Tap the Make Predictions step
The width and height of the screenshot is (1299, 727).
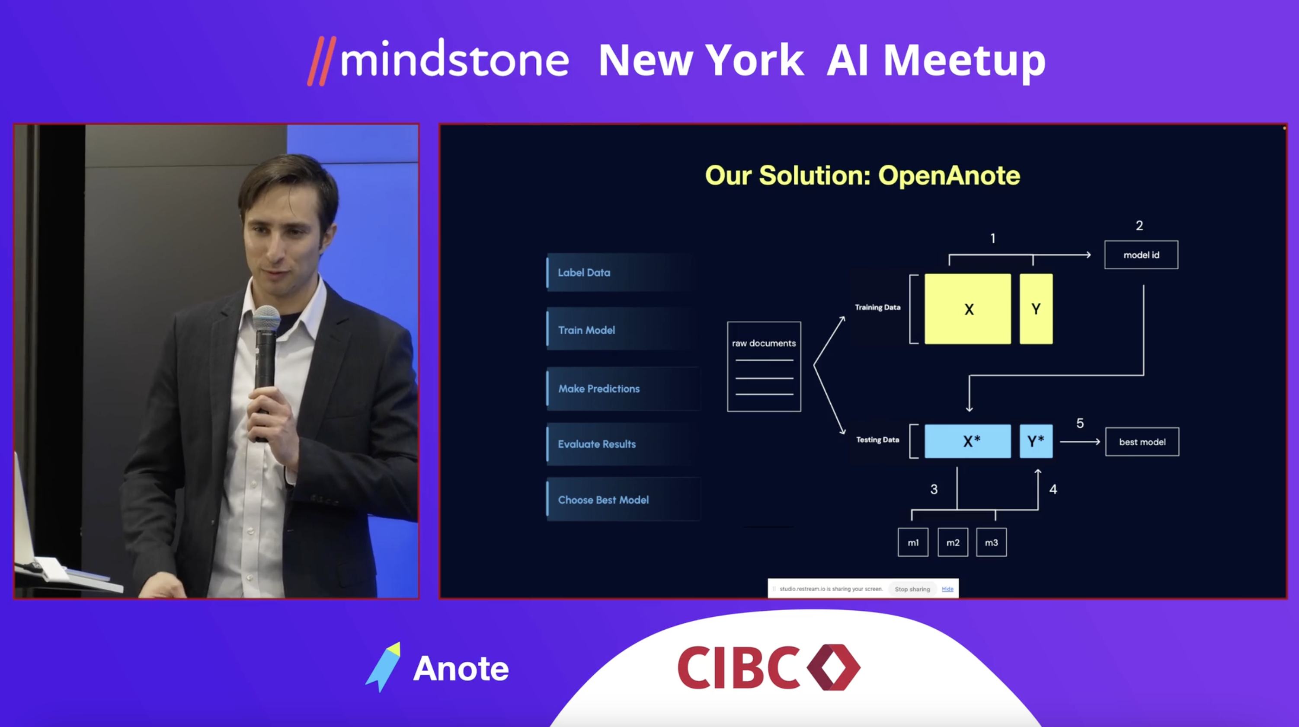click(622, 389)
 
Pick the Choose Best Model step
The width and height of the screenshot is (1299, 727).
click(622, 500)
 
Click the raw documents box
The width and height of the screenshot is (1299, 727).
click(764, 367)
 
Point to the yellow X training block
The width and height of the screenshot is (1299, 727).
click(968, 309)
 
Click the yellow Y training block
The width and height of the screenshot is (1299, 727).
click(1036, 309)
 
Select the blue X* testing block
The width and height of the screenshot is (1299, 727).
click(968, 441)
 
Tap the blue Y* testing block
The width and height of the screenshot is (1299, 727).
click(1036, 441)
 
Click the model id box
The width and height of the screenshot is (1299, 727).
click(1141, 255)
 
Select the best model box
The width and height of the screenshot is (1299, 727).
click(1142, 442)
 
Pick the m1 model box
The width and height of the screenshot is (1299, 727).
click(913, 542)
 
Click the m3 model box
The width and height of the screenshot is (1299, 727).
click(992, 542)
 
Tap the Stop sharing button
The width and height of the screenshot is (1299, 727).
click(912, 589)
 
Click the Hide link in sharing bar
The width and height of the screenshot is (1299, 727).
click(947, 589)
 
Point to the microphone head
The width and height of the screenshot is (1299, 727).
click(266, 319)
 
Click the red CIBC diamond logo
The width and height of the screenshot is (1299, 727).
click(834, 667)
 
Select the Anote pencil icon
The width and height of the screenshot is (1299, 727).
click(383, 667)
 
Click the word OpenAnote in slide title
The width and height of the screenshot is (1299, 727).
click(949, 175)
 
